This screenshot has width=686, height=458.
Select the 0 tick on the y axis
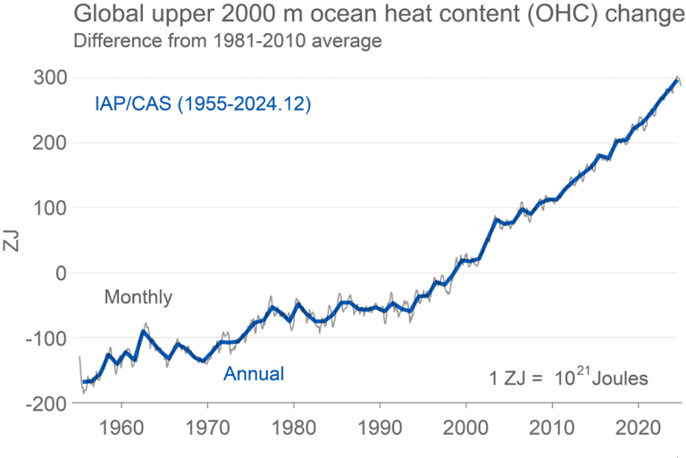(x=61, y=273)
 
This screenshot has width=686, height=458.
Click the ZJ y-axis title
(x=13, y=240)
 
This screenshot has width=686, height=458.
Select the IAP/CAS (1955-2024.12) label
(x=203, y=104)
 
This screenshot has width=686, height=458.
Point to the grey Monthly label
(x=138, y=296)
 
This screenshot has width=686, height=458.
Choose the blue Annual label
(x=254, y=374)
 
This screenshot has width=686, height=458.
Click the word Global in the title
(x=107, y=15)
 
